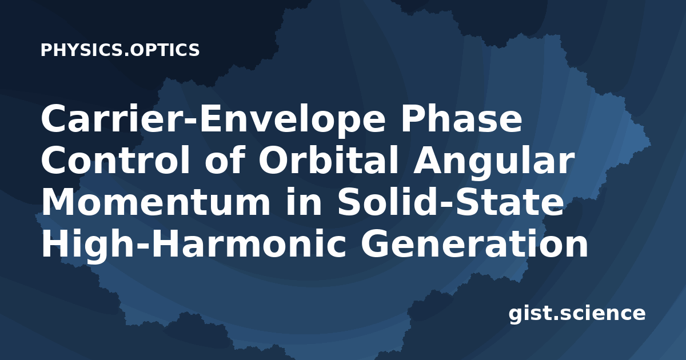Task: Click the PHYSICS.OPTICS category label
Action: click(x=120, y=50)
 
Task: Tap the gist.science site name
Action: click(x=577, y=314)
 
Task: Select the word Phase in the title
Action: click(x=461, y=118)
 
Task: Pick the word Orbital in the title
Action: click(x=329, y=161)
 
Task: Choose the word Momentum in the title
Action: click(x=155, y=203)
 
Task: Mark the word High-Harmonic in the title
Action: click(x=194, y=246)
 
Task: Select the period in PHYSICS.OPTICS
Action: click(x=127, y=54)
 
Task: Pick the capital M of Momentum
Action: click(x=59, y=203)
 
